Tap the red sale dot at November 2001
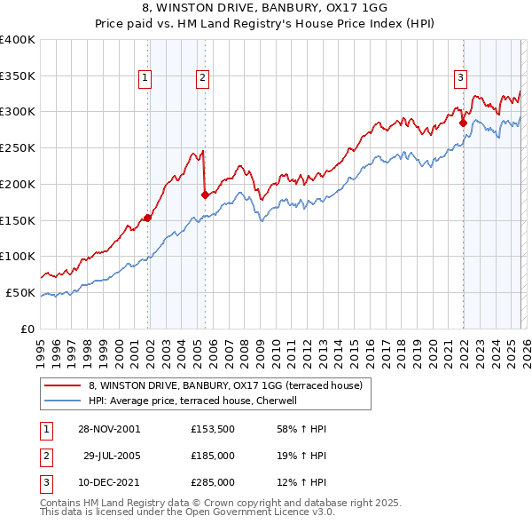pos(148,218)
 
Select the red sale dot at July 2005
pos(206,195)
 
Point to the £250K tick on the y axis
pos(18,147)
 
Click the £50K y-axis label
pos(20,292)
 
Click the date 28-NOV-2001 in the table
pos(108,429)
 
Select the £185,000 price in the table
pos(212,456)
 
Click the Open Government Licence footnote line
pos(187,512)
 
